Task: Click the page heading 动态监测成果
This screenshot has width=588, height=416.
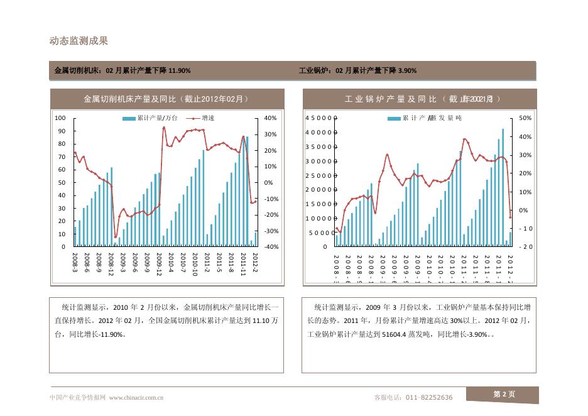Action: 79,41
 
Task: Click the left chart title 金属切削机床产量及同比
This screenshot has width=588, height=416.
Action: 166,99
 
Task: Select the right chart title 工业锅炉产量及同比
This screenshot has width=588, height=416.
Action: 422,99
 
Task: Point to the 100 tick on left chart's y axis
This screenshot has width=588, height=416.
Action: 60,118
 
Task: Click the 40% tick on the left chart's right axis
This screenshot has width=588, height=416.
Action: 270,118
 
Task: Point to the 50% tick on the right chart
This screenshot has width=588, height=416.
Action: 526,118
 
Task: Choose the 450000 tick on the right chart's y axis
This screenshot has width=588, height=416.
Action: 321,118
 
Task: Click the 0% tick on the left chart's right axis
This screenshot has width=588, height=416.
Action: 268,183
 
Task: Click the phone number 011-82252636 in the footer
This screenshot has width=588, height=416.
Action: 429,397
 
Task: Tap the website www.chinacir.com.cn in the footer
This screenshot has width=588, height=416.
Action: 136,397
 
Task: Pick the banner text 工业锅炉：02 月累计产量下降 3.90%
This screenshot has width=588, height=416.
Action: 357,70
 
